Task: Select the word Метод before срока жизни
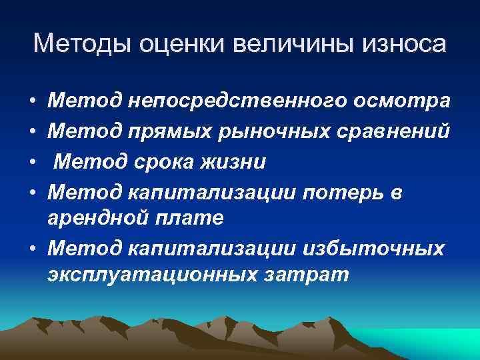point(81,161)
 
